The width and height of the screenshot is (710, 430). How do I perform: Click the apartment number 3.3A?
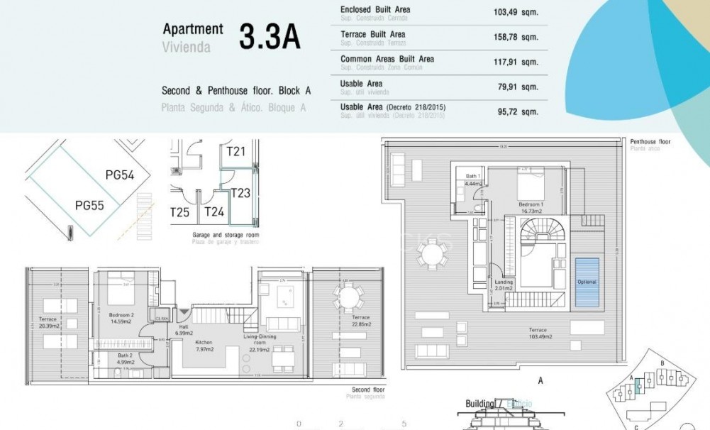pos(270,37)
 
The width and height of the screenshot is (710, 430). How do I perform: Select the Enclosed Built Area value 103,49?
pos(508,11)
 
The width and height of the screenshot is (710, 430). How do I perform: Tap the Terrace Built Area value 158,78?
pos(508,36)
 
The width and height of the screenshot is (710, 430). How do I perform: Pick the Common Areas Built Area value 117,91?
pos(508,61)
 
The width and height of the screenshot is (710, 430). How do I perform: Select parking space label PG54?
pos(119,175)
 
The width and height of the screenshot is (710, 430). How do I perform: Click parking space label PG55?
pos(89,206)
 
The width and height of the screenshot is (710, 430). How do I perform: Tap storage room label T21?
pos(235,151)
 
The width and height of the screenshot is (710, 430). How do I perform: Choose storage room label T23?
pos(240,192)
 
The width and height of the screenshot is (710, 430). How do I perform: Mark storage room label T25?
pos(179,211)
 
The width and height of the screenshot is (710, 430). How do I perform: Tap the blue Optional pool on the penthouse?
pos(586,282)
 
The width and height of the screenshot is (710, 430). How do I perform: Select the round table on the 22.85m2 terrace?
pos(348,294)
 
